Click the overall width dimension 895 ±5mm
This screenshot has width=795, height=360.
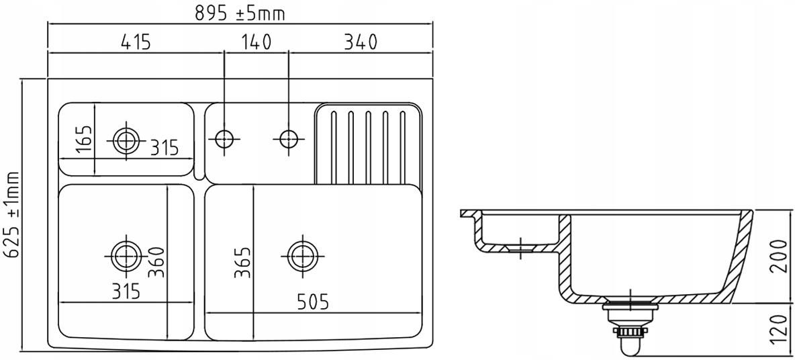240,13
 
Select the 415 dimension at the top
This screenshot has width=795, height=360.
136,42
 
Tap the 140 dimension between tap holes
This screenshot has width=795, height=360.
256,42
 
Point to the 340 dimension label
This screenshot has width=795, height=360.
361,42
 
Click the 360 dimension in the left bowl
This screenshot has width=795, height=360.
157,262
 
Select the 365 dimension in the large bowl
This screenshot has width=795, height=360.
243,263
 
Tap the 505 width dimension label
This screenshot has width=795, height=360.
312,302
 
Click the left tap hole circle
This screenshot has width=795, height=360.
224,138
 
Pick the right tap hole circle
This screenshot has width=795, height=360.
289,138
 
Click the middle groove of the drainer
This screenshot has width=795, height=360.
368,146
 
